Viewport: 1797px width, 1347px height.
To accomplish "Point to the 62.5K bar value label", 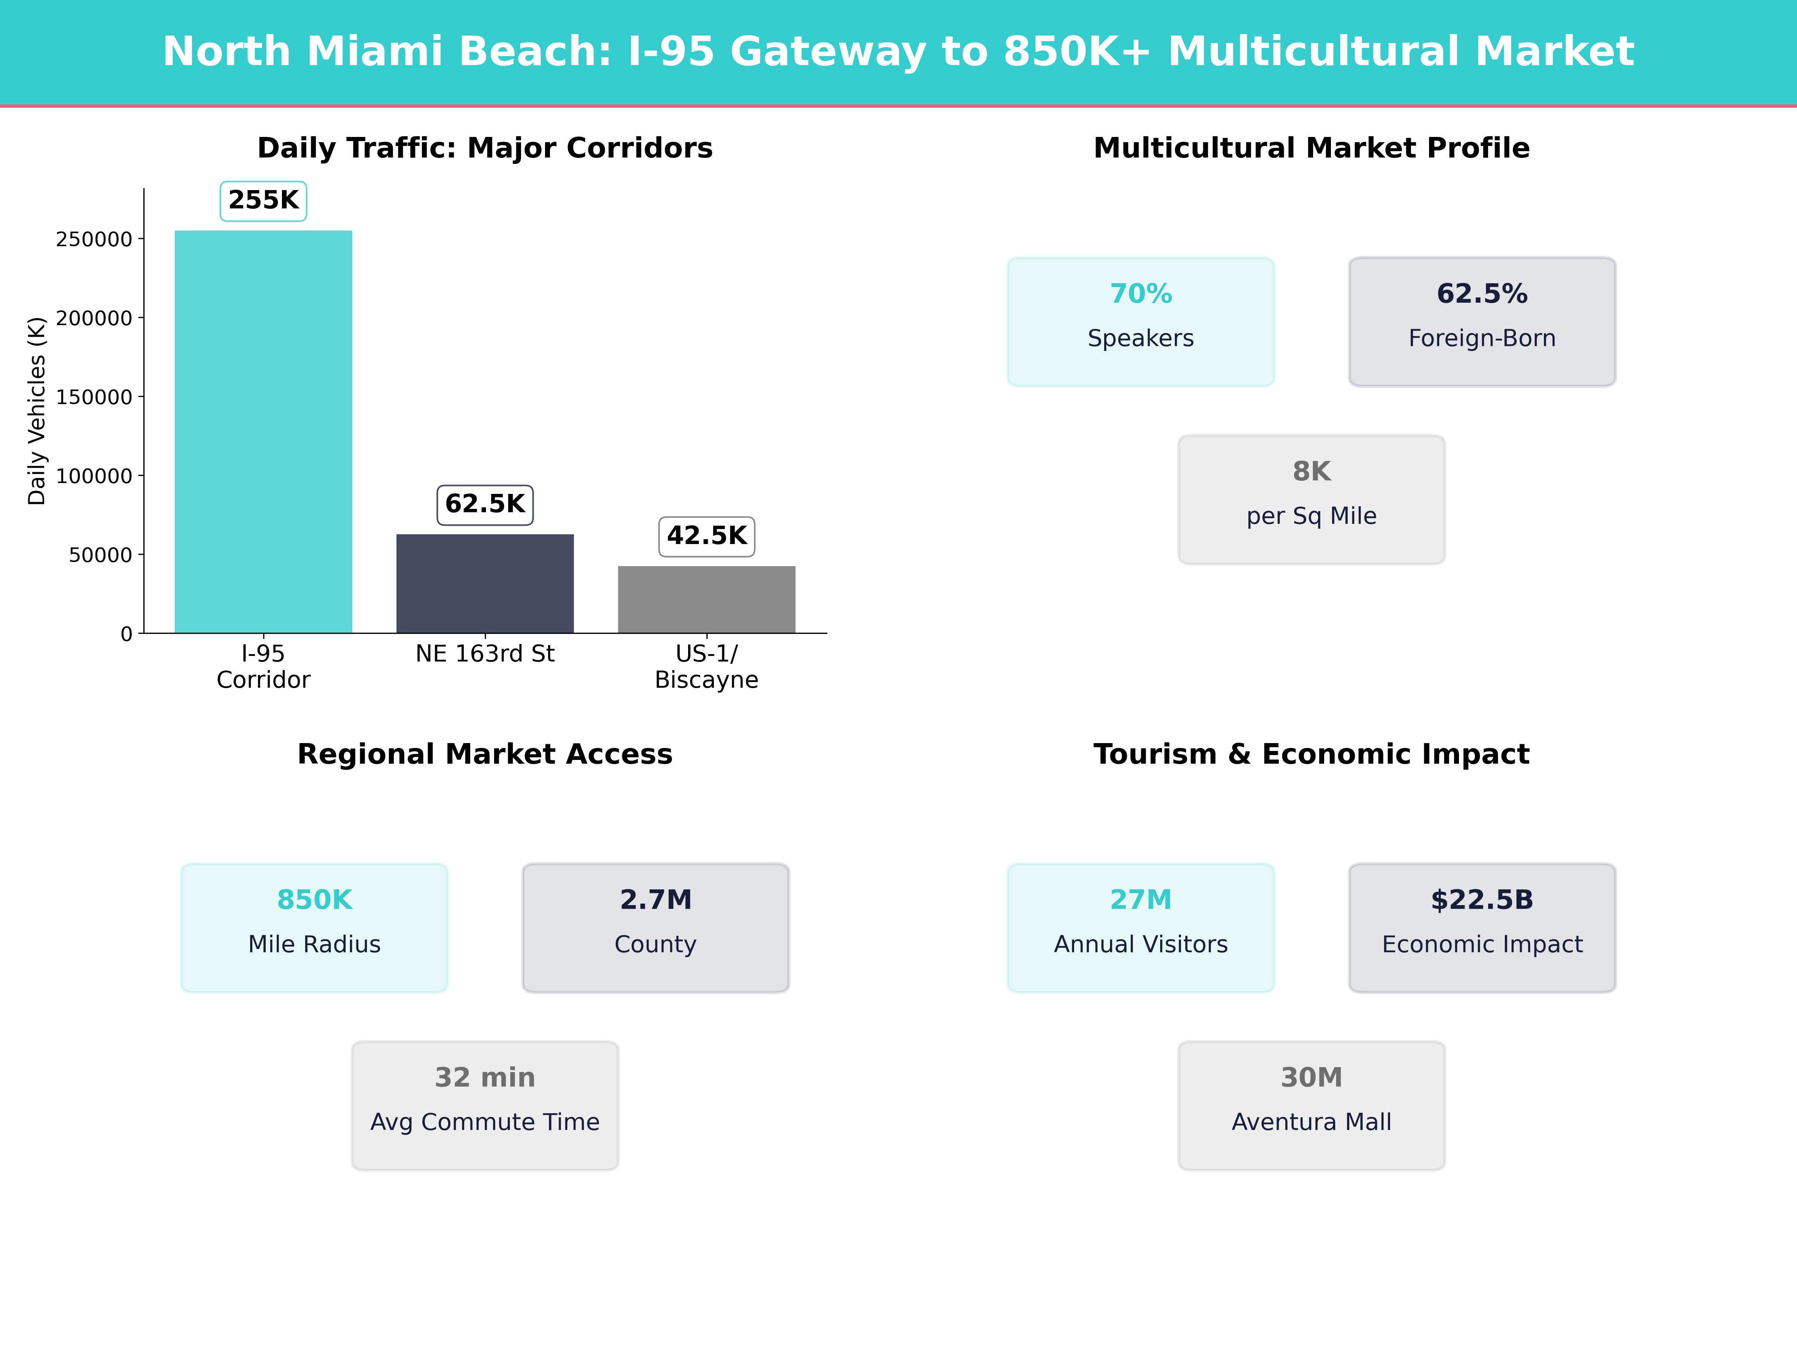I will (x=485, y=504).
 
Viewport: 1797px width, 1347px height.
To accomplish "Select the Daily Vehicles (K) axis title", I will (x=37, y=411).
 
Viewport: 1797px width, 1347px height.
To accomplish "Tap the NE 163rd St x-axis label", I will (x=485, y=654).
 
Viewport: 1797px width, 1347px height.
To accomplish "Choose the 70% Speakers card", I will (x=1141, y=321).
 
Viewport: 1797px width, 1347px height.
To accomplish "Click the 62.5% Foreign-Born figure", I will (x=1482, y=294).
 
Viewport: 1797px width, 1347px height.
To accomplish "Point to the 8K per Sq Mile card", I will (x=1311, y=500).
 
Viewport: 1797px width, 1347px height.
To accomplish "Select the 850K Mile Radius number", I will (x=314, y=899).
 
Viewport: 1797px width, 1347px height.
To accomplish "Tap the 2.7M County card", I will (x=656, y=927).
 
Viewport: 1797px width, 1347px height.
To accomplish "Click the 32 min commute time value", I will (x=485, y=1078).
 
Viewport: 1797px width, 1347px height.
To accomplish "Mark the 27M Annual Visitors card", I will (x=1141, y=927).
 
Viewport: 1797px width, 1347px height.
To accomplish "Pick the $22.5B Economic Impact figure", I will (x=1482, y=899).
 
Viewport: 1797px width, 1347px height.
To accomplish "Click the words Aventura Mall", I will (x=1311, y=1122).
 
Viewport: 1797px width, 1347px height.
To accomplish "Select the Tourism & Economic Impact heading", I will (x=1311, y=754).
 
